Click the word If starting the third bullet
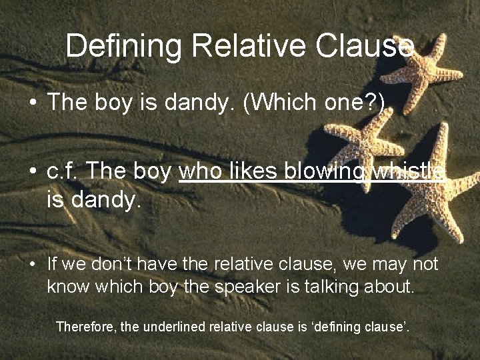click(53, 264)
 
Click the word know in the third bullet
click(65, 287)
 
